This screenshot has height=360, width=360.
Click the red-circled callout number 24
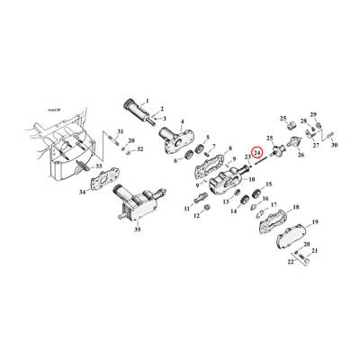pos(257,154)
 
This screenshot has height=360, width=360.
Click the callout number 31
pos(120,133)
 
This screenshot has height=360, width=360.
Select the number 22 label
pos(291,263)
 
